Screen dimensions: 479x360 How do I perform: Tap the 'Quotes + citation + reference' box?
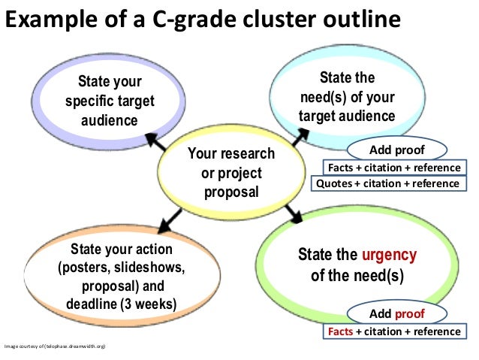[x=387, y=183]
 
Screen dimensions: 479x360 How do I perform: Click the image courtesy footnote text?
[x=55, y=346]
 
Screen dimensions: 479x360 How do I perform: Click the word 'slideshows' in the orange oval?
[x=149, y=267]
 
